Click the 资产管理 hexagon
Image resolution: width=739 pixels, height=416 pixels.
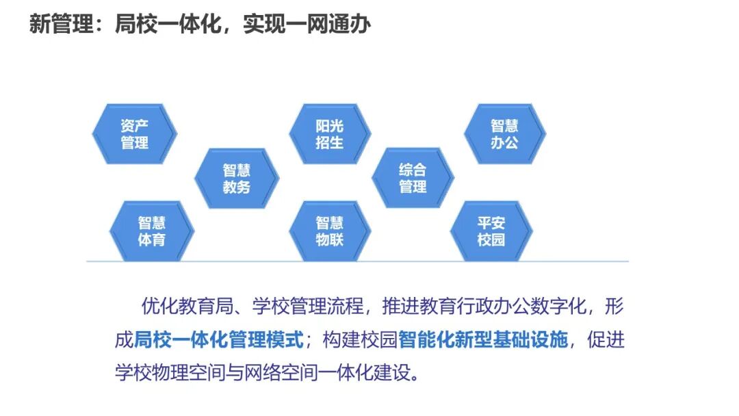point(134,134)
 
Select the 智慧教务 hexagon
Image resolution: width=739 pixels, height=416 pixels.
point(236,178)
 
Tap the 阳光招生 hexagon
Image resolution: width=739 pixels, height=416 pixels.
point(329,134)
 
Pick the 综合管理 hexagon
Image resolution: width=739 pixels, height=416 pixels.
point(413,177)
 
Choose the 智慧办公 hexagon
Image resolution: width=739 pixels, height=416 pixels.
point(504,134)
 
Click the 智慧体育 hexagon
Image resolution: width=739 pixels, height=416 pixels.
point(151,231)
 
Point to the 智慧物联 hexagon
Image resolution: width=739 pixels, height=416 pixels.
point(329,231)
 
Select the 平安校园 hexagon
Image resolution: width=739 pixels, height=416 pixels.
point(491,231)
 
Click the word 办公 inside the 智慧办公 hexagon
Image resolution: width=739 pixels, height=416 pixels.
point(504,144)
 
